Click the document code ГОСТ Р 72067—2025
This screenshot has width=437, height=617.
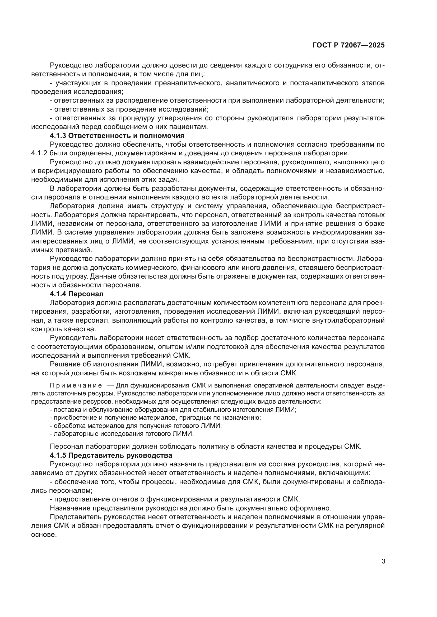point(348,45)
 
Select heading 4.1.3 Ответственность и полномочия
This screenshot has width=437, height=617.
point(117,136)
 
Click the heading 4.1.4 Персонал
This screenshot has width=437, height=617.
point(77,294)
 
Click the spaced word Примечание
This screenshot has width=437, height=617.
point(76,386)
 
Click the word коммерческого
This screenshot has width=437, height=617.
point(152,268)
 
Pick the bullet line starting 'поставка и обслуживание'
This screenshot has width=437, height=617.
point(173,410)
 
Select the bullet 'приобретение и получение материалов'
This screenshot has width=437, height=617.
point(156,418)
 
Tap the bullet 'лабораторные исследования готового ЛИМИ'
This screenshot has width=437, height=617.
point(122,434)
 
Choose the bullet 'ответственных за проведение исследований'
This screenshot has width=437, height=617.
point(129,109)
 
